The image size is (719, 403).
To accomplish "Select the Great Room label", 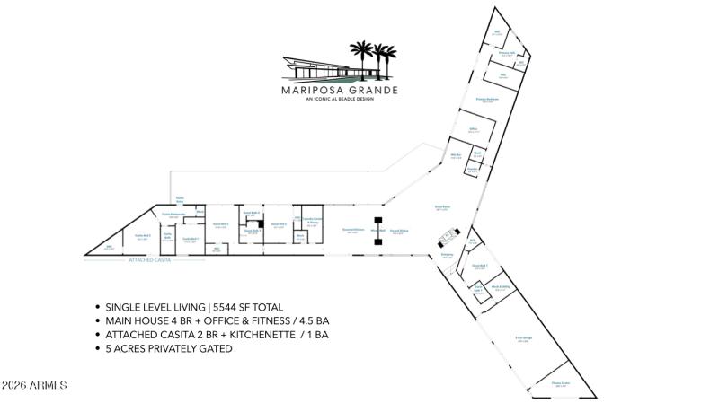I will coord(442,207).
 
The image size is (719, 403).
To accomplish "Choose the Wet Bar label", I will coord(456,156).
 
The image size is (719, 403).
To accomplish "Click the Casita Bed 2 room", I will coord(141,237).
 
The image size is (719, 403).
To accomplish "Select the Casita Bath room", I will coord(167,237).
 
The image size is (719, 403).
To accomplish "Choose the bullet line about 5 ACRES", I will coord(169,348).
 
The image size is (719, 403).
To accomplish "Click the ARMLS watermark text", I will coord(34,385).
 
